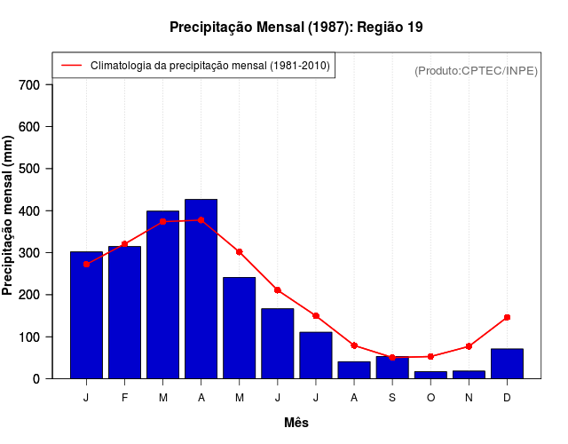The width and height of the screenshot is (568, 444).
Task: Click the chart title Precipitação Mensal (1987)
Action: [296, 28]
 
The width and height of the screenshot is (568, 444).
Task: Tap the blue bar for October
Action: [430, 375]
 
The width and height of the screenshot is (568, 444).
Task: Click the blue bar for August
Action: [354, 369]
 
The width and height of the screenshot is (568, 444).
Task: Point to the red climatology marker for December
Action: [507, 317]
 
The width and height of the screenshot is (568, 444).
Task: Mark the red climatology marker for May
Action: [239, 251]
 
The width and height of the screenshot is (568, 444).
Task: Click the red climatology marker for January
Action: [86, 264]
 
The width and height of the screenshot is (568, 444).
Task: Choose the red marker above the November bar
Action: [469, 346]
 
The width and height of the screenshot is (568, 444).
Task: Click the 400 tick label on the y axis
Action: [30, 211]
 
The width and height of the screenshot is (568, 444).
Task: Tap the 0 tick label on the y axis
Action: [36, 379]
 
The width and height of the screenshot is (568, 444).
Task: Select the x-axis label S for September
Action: [392, 398]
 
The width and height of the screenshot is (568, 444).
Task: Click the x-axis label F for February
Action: [124, 398]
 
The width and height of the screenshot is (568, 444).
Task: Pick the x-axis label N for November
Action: [469, 398]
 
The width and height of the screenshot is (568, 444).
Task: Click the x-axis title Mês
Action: [296, 423]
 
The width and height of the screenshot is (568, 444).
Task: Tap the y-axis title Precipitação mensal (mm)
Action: [9, 216]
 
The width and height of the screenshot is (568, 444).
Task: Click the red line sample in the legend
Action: [71, 66]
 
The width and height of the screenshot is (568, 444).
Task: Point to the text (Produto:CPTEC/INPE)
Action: [476, 70]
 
